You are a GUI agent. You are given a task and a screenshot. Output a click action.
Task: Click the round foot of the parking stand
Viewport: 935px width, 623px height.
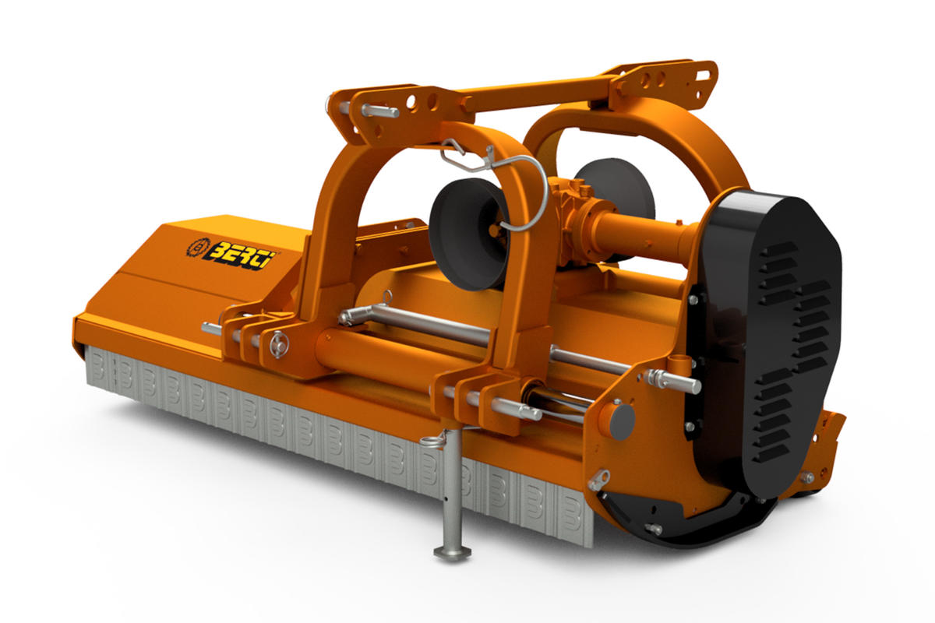tap(453, 554)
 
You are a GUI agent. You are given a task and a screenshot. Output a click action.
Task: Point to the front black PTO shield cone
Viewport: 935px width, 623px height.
tap(470, 234)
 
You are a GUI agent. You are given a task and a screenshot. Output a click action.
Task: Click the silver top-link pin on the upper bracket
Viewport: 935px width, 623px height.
tap(378, 111)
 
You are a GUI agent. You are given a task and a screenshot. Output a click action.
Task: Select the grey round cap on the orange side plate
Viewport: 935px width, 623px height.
tap(622, 421)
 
